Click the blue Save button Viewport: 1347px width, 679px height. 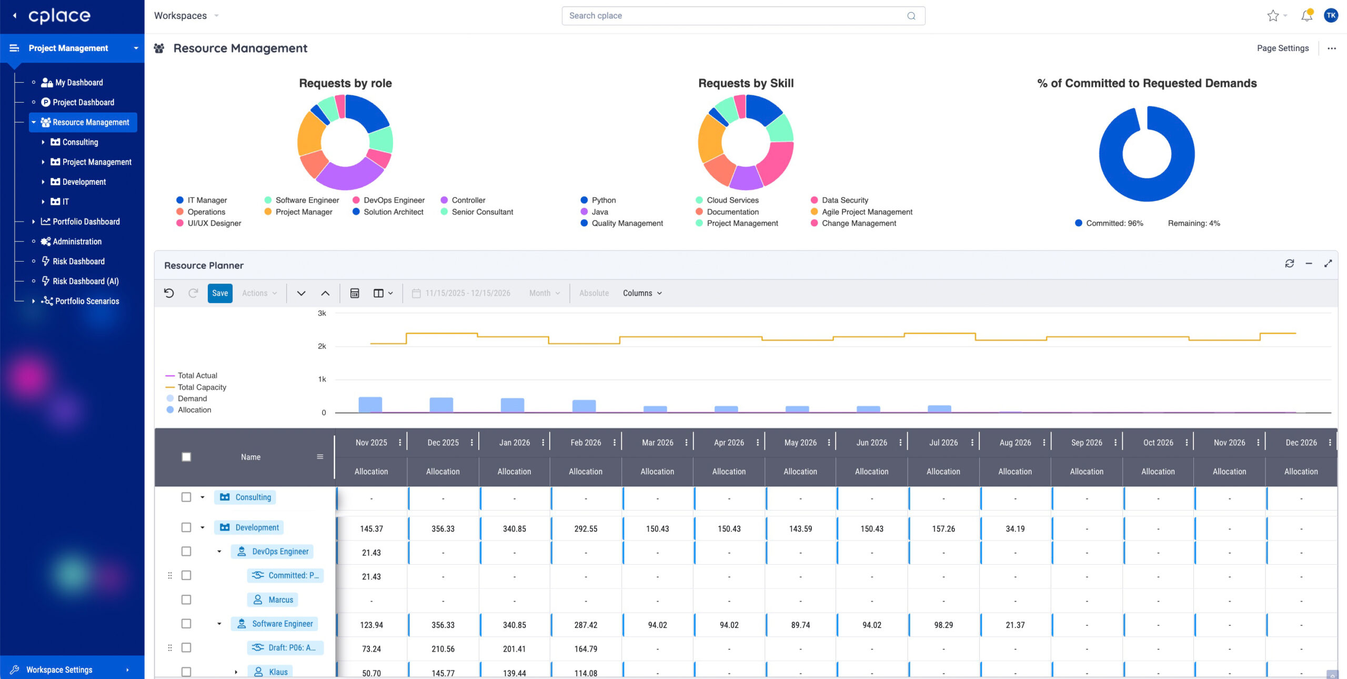tap(220, 293)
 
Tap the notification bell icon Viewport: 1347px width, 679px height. tap(1306, 16)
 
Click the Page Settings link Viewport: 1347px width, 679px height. tap(1282, 48)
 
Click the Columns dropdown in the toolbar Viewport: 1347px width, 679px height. tap(642, 293)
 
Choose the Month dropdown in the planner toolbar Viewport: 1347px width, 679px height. tap(545, 293)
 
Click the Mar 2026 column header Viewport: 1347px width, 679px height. tap(657, 443)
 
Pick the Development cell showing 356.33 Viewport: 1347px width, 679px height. tap(443, 528)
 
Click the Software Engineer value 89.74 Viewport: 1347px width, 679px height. tap(800, 625)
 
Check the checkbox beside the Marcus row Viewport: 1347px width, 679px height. tap(186, 600)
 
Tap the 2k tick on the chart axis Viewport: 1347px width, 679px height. tap(321, 346)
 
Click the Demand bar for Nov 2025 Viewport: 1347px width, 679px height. tap(370, 405)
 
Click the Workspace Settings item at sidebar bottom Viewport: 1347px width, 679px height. tap(59, 670)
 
